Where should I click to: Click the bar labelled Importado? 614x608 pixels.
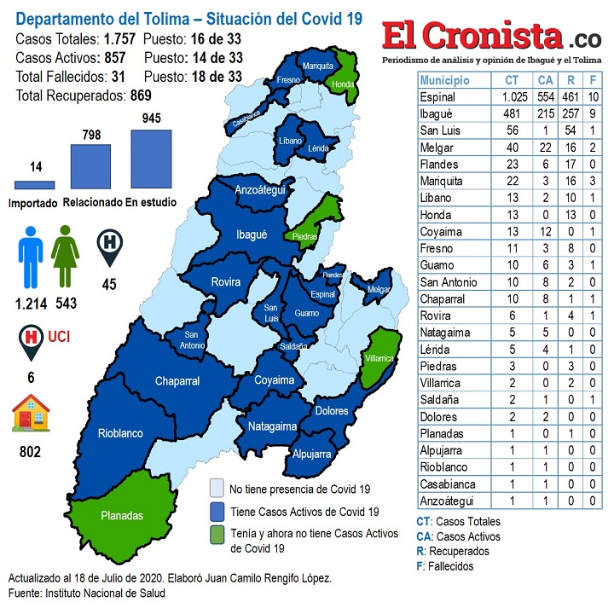pos(35,184)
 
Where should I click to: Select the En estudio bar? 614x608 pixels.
pos(151,159)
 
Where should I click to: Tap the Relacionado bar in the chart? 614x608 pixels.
pos(90,166)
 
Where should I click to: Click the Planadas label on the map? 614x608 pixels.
pos(123,516)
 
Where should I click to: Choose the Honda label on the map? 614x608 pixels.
pos(343,84)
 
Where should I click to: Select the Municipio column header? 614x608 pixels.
pos(445,79)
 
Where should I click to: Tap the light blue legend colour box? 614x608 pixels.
pos(217,489)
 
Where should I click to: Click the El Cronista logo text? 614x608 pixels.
pos(472,36)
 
